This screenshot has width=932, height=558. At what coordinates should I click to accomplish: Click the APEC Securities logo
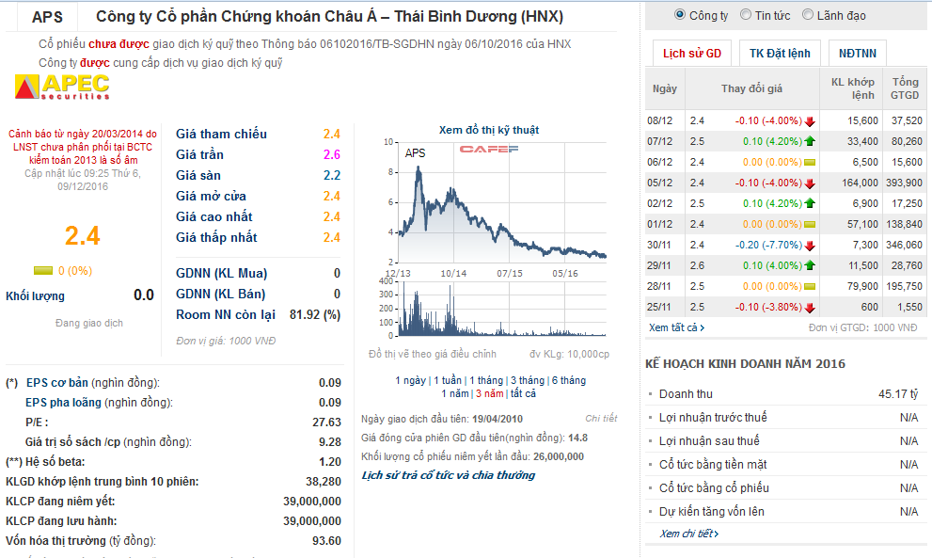[x=62, y=88]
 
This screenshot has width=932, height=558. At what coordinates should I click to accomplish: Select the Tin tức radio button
[x=746, y=15]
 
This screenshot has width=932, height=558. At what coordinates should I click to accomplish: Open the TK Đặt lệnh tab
[x=780, y=54]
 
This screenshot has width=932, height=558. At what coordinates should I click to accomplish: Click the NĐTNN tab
[x=856, y=54]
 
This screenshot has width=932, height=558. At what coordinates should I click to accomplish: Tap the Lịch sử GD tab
[x=691, y=54]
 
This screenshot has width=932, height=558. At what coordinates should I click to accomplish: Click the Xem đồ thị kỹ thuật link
[x=489, y=130]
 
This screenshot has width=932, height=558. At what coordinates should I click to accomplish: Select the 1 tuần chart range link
[x=448, y=380]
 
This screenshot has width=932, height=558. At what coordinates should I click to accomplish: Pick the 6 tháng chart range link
[x=567, y=380]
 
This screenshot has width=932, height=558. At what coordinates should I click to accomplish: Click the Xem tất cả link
[x=675, y=327]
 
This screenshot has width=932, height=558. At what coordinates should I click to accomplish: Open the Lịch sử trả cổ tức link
[x=448, y=475]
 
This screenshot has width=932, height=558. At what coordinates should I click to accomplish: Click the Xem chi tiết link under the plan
[x=688, y=534]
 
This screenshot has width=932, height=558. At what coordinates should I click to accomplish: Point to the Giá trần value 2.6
[x=331, y=154]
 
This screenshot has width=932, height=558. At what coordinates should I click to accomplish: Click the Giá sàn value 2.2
[x=331, y=175]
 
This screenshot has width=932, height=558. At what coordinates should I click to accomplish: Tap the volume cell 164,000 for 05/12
[x=861, y=183]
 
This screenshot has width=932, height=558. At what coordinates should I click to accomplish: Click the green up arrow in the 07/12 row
[x=809, y=141]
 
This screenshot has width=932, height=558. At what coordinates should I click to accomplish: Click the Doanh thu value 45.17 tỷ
[x=897, y=394]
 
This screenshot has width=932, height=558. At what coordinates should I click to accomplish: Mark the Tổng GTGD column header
[x=905, y=88]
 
